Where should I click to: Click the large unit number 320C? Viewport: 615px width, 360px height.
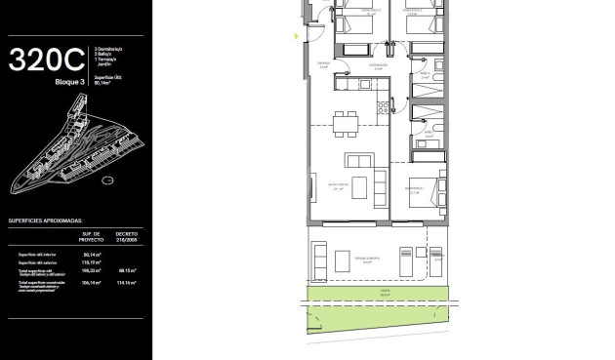(47, 60)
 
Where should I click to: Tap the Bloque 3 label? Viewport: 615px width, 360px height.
(70, 83)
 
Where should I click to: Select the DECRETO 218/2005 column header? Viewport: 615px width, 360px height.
(127, 237)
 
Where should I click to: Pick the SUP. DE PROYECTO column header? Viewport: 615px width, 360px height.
(93, 237)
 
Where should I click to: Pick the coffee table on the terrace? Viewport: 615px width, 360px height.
(341, 260)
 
